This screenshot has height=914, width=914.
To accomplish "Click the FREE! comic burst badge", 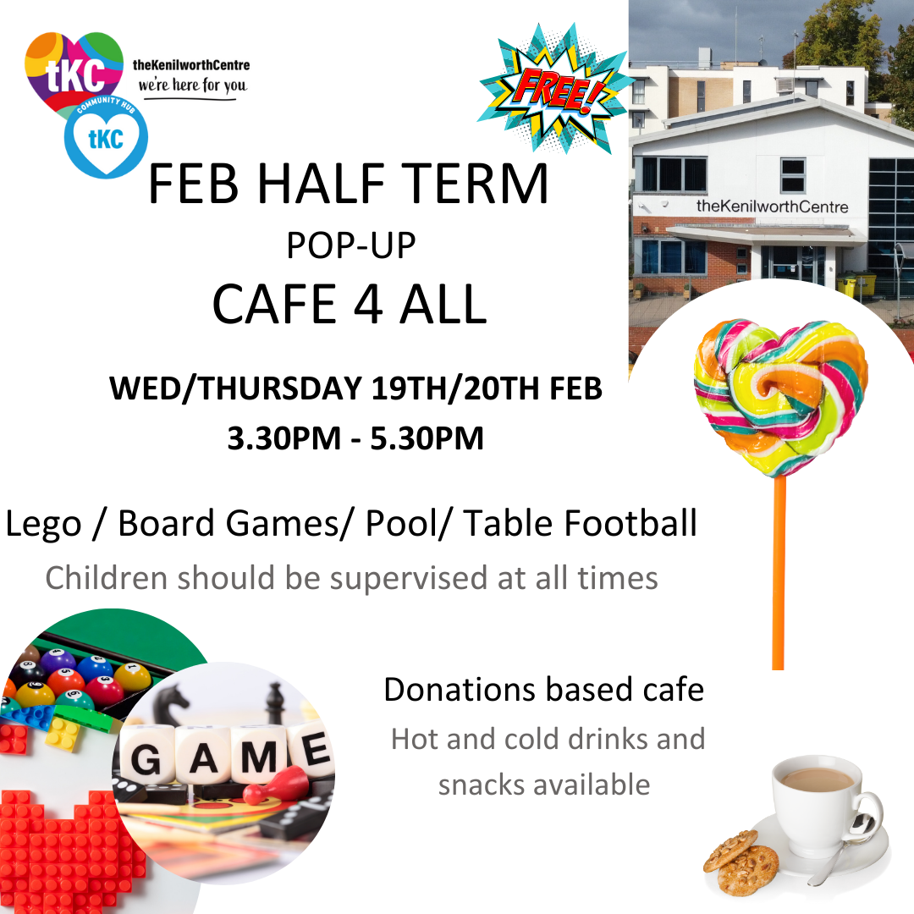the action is (x=553, y=89).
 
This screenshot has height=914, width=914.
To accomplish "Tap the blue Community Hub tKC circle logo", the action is (x=106, y=137).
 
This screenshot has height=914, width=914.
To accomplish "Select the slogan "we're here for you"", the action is (x=192, y=85).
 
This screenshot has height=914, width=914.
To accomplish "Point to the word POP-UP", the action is (x=351, y=245).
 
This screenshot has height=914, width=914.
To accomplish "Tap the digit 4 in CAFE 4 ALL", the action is (x=368, y=304).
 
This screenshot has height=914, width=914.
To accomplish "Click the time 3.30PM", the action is (x=284, y=438).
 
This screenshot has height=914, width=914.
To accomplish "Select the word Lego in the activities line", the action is (x=43, y=524).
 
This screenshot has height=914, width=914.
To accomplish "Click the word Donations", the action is (x=460, y=690).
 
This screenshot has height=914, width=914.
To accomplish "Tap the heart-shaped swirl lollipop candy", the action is (x=780, y=396).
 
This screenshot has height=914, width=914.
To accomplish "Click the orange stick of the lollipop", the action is (x=779, y=573).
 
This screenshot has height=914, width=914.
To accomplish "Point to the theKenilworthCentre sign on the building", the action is (x=772, y=206).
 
